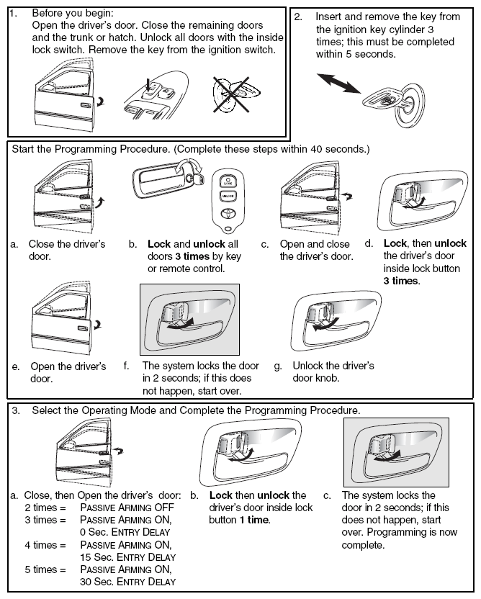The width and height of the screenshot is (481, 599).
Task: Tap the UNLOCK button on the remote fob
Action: (228, 196)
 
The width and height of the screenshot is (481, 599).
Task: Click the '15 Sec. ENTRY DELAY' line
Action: (127, 557)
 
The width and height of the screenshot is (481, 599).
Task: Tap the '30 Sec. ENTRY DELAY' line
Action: (127, 582)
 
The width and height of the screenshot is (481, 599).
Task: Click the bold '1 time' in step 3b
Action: (255, 520)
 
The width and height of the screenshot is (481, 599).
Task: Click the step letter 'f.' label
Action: (127, 366)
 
